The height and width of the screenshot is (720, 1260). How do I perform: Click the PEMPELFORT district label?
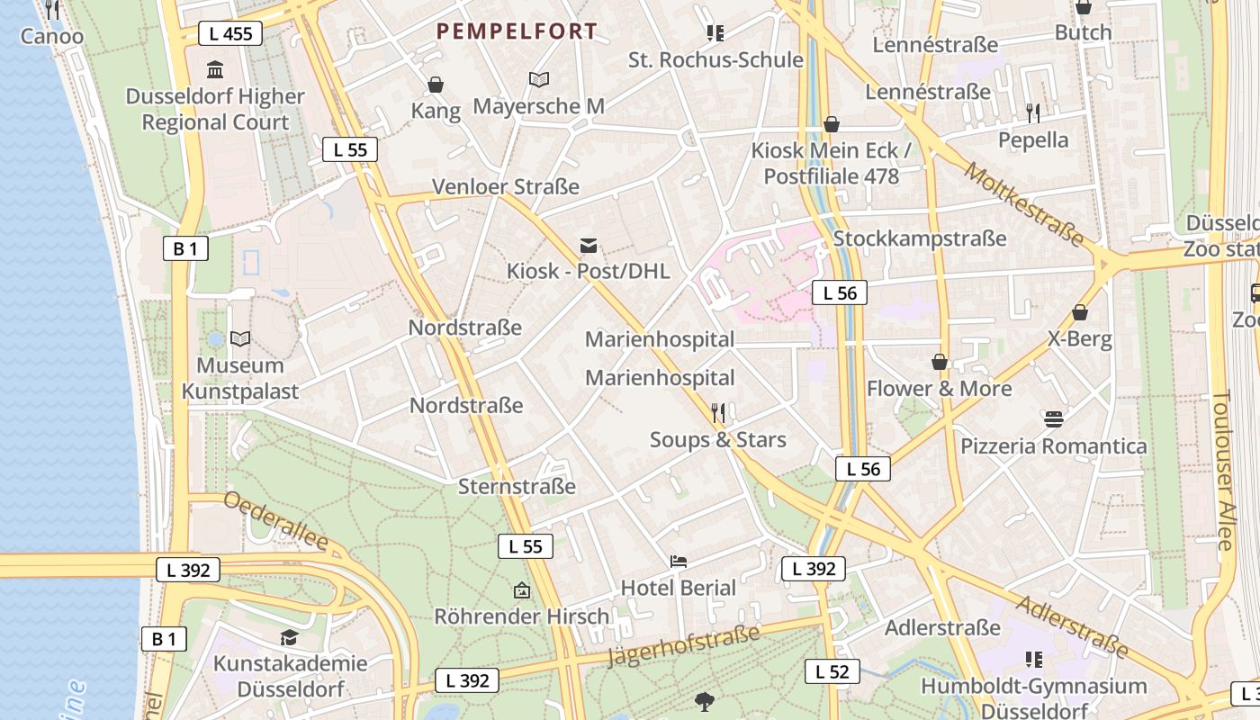pyautogui.click(x=517, y=31)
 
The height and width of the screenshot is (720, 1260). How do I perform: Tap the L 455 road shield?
pyautogui.click(x=229, y=34)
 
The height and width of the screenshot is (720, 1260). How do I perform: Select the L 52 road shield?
pyautogui.click(x=832, y=671)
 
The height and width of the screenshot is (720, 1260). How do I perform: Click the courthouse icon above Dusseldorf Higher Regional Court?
pyautogui.click(x=215, y=70)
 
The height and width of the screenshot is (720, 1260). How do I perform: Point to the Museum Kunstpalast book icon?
pyautogui.click(x=240, y=339)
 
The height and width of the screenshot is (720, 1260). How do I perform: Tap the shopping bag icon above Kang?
pyautogui.click(x=436, y=85)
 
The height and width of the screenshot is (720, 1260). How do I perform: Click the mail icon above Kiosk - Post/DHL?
pyautogui.click(x=589, y=245)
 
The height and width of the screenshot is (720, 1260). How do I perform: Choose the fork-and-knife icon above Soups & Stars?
pyautogui.click(x=718, y=413)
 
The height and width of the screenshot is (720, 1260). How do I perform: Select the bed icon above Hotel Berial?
pyautogui.click(x=679, y=562)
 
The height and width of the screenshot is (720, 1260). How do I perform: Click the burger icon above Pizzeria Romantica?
pyautogui.click(x=1054, y=419)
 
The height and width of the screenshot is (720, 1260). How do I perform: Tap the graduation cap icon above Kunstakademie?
pyautogui.click(x=289, y=638)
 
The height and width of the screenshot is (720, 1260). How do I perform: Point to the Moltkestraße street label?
pyautogui.click(x=1023, y=204)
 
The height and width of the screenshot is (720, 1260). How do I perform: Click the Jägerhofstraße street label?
pyautogui.click(x=684, y=645)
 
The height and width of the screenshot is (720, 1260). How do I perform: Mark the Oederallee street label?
pyautogui.click(x=275, y=520)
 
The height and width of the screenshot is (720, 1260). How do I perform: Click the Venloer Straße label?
pyautogui.click(x=506, y=187)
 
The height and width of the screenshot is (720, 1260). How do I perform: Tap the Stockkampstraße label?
pyautogui.click(x=920, y=238)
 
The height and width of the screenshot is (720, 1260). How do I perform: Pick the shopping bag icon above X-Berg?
pyautogui.click(x=1080, y=313)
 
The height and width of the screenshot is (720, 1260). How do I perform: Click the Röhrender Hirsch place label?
pyautogui.click(x=522, y=616)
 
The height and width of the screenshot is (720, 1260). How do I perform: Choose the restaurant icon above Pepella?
pyautogui.click(x=1033, y=113)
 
